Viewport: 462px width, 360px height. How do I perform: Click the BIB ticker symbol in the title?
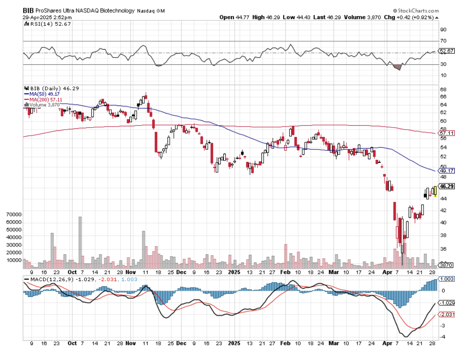pyautogui.click(x=28, y=10)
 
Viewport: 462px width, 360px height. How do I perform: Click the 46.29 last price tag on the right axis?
pyautogui.click(x=447, y=186)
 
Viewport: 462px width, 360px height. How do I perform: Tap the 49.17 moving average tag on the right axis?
pyautogui.click(x=447, y=171)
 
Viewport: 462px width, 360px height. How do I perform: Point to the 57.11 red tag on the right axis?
pyautogui.click(x=447, y=133)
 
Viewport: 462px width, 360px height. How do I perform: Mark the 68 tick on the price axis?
pyautogui.click(x=443, y=89)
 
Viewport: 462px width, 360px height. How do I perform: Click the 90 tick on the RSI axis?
pyautogui.click(x=443, y=30)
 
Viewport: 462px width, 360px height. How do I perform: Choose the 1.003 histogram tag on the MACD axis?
pyautogui.click(x=447, y=279)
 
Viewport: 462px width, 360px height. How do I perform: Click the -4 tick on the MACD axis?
pyautogui.click(x=443, y=337)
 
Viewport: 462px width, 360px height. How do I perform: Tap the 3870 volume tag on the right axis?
pyautogui.click(x=446, y=265)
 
